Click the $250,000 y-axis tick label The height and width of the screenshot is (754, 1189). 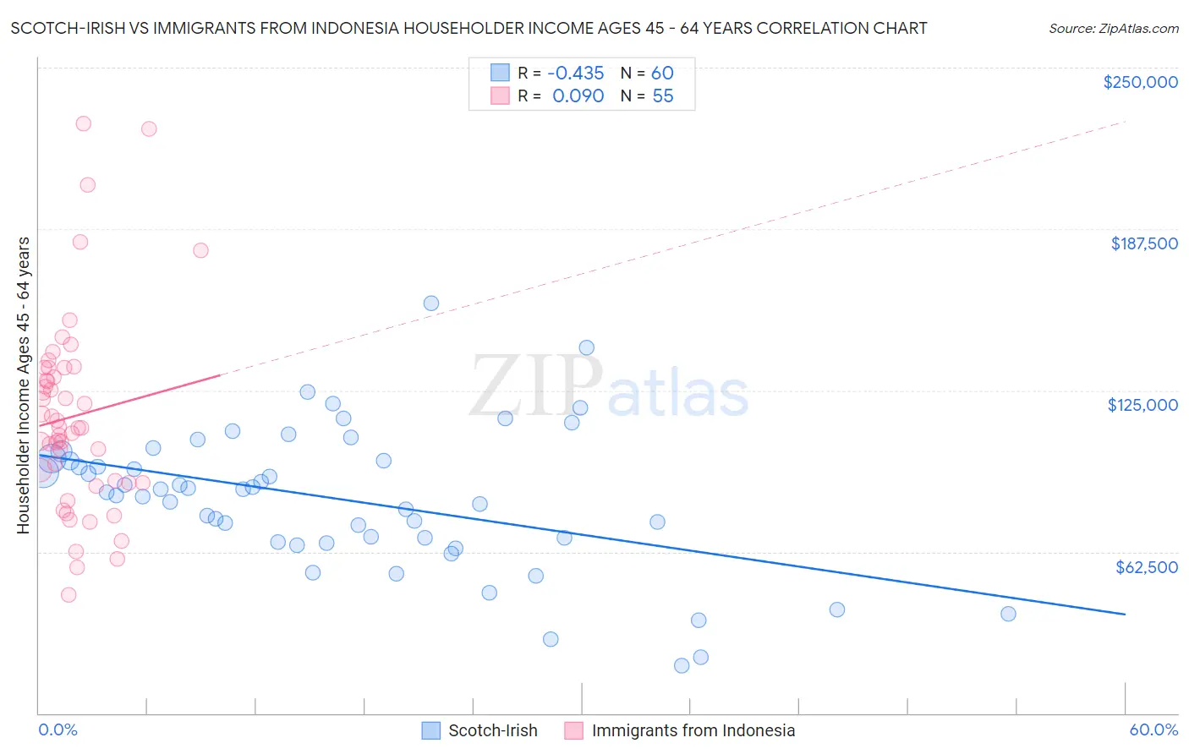(x=1140, y=82)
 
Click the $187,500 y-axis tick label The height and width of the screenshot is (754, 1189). (x=1143, y=243)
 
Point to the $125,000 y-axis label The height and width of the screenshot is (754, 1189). (x=1142, y=405)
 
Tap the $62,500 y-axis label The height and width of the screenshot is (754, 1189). (x=1146, y=567)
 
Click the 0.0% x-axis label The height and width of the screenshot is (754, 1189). (x=58, y=729)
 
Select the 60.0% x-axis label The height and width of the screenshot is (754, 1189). (x=1153, y=729)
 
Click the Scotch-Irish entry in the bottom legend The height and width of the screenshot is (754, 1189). (x=492, y=730)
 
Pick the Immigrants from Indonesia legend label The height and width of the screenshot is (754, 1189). (x=693, y=730)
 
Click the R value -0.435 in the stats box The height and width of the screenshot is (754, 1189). (x=575, y=73)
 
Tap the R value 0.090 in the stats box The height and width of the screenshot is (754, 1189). (x=578, y=96)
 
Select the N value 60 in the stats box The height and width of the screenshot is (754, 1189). (x=662, y=73)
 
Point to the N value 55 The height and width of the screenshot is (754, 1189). (x=662, y=96)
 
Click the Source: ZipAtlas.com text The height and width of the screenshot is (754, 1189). (x=1114, y=28)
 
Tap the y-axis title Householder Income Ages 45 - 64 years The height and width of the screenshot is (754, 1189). (x=23, y=385)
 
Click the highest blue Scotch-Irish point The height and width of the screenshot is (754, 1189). (x=431, y=303)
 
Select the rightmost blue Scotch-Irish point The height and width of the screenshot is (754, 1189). (x=1008, y=614)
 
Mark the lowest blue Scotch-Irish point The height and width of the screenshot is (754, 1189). (x=682, y=665)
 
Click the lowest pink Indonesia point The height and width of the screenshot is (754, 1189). (x=68, y=595)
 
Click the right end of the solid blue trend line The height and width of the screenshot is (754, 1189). (x=1125, y=614)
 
